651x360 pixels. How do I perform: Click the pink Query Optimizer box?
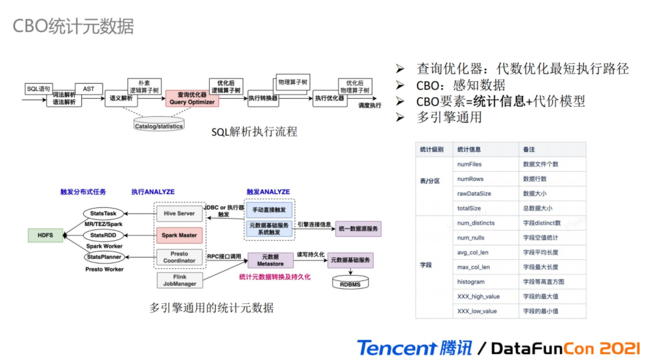click(192, 98)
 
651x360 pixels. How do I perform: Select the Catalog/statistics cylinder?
click(159, 125)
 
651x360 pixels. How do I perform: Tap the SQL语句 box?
click(39, 89)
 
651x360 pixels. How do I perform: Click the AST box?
click(89, 89)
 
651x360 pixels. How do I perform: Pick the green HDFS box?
click(45, 235)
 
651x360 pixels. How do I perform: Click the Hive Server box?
click(179, 213)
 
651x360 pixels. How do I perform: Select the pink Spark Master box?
click(179, 235)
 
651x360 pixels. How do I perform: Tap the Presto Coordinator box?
click(179, 257)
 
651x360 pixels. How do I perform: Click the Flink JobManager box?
click(179, 280)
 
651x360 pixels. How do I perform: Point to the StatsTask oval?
click(103, 213)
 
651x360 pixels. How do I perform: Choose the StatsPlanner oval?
click(103, 257)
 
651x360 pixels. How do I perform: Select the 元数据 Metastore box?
click(270, 260)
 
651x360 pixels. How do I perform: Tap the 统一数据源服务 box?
click(358, 229)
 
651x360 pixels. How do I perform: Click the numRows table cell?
click(470, 179)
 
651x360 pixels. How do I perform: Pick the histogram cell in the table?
click(471, 282)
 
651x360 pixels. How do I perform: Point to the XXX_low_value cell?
click(477, 311)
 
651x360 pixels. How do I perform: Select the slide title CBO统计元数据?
click(73, 27)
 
